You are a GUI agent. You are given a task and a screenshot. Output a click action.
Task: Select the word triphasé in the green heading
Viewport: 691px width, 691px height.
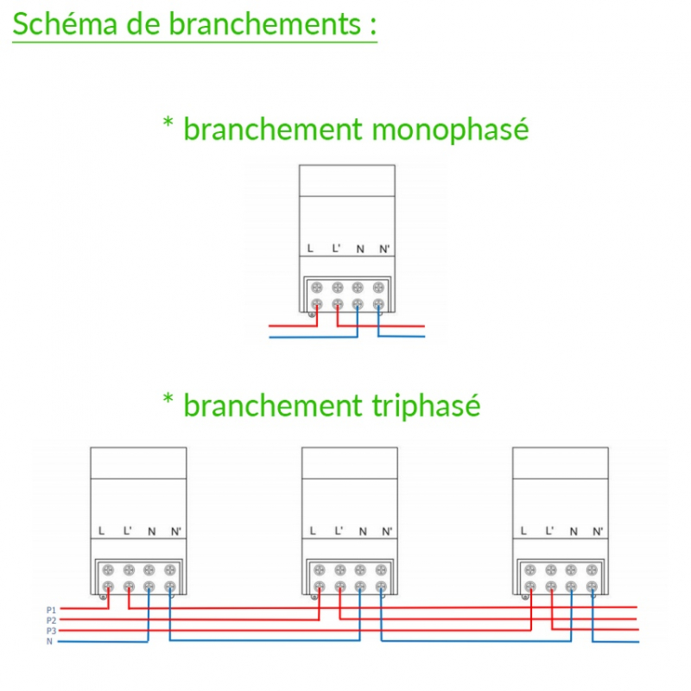[x=418, y=404]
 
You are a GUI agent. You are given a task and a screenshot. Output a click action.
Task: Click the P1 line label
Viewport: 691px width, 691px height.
[x=51, y=610]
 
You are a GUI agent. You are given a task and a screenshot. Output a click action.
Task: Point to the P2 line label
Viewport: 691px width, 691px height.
[x=51, y=620]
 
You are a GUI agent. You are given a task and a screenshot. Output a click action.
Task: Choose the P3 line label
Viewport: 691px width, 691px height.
[x=51, y=631]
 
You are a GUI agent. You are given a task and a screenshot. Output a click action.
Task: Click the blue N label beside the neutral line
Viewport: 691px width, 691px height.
[x=49, y=641]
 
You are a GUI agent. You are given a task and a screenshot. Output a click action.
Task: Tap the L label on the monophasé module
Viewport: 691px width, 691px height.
[x=310, y=249]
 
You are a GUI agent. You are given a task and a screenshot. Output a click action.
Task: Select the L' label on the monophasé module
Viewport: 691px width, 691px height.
[x=336, y=249]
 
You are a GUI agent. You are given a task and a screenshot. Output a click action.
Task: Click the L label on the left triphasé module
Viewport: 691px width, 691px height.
[x=102, y=530]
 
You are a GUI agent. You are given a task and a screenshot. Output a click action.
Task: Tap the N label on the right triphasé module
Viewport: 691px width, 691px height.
[x=573, y=530]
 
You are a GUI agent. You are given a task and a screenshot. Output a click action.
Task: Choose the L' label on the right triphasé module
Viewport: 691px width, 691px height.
[x=548, y=530]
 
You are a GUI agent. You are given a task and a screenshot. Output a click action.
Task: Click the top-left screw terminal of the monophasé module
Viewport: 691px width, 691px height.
[x=316, y=288]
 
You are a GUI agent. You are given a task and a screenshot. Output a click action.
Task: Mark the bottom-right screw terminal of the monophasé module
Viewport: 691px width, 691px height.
[x=377, y=304]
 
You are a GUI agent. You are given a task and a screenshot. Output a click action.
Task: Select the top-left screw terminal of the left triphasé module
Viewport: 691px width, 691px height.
[x=108, y=570]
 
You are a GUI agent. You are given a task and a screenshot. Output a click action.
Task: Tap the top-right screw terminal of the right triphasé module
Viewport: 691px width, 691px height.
[x=592, y=570]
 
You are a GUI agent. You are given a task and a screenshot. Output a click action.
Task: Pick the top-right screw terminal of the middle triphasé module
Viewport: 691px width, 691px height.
[x=381, y=570]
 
